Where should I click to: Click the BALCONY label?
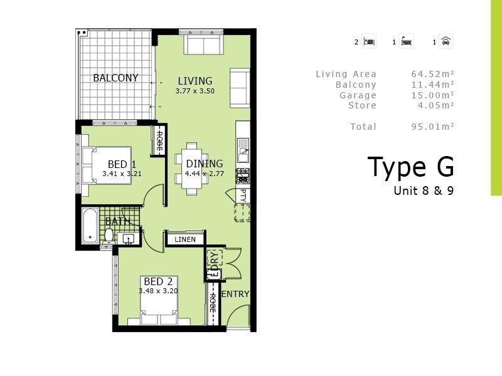point(115,78)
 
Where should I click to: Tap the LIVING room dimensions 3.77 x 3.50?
point(195,91)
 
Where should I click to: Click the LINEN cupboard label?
point(185,239)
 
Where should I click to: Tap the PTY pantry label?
point(244,196)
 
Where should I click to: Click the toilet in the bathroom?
point(109,236)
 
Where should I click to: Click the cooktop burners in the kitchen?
point(243,175)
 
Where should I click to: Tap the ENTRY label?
point(236,294)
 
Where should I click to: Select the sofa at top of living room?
point(202,45)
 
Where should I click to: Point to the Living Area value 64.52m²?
point(432,75)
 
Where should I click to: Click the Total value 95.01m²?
point(432,127)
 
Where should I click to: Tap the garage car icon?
point(446,42)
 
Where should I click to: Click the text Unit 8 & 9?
point(423,191)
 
